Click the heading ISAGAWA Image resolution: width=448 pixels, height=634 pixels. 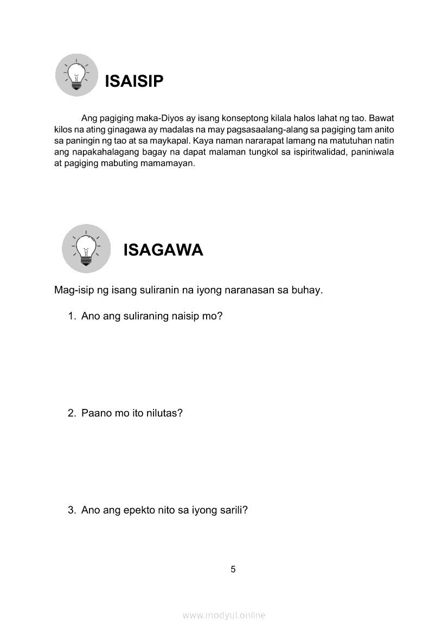(163, 250)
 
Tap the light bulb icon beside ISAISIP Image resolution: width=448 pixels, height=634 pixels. (76, 75)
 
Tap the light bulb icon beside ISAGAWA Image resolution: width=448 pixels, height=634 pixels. (86, 248)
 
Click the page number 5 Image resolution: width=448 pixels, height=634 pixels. (233, 569)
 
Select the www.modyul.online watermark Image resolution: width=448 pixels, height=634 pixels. (224, 615)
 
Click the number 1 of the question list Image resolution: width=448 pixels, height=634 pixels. (71, 316)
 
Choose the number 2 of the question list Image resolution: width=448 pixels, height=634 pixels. (71, 413)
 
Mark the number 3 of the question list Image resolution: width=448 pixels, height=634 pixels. (71, 510)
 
